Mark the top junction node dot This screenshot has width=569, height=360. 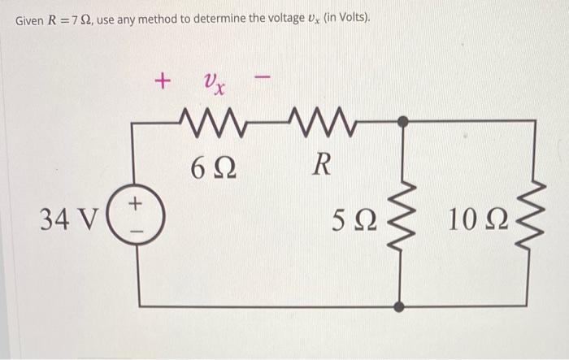399,121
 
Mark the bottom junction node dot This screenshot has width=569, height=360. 399,306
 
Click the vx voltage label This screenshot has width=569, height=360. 214,82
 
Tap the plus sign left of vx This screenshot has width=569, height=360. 163,81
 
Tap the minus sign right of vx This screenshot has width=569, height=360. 261,80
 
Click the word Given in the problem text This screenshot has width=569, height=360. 30,20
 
